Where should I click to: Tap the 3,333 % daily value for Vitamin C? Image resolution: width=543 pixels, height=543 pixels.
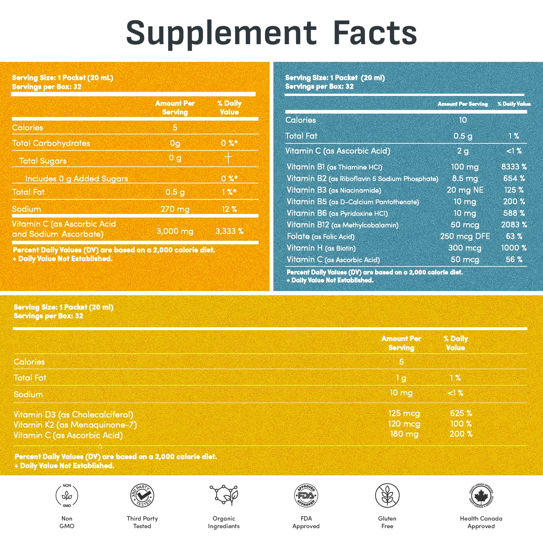[x=229, y=231]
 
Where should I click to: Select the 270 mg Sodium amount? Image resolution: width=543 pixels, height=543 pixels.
[x=175, y=209]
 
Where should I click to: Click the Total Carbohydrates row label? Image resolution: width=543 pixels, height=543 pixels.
[x=51, y=143]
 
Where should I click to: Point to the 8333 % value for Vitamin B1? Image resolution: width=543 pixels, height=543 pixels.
[x=514, y=167]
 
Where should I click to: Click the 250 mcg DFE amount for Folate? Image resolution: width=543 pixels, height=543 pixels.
[x=465, y=236]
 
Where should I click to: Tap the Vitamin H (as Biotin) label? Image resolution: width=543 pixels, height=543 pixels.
[x=321, y=248]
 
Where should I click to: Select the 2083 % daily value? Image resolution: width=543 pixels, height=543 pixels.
[x=514, y=225]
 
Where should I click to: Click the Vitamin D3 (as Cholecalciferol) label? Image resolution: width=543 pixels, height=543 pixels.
[x=73, y=414]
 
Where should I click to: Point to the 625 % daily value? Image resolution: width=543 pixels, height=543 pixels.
[x=461, y=413]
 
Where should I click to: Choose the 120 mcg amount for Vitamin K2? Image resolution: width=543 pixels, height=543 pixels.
[x=404, y=424]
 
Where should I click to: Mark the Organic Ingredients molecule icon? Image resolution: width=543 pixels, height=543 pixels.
[x=224, y=495]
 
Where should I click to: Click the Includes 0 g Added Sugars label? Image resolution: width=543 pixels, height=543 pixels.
[x=76, y=178]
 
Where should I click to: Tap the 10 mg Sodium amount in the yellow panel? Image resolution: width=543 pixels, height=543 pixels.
[x=401, y=393]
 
